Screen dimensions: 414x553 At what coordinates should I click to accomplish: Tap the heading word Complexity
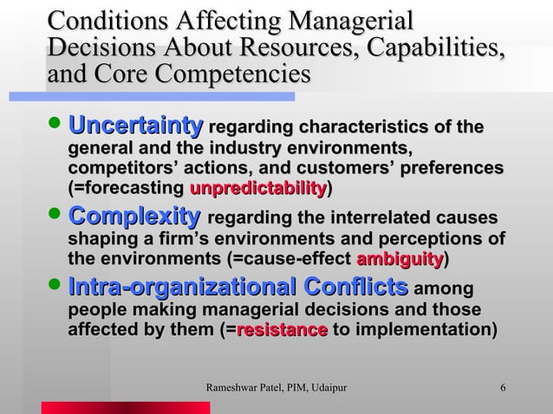point(134,217)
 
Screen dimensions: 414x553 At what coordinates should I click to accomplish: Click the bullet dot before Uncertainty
point(57,128)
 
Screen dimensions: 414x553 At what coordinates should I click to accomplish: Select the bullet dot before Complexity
point(57,217)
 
